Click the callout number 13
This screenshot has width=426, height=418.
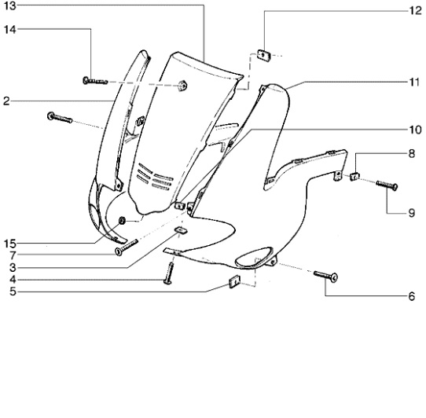pos(10,5)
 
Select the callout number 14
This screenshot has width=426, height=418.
pos(10,29)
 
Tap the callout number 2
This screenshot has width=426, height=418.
pos(6,101)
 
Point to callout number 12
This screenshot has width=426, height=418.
pos(416,10)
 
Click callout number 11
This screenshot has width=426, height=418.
pos(414,82)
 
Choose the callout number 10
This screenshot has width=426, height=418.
pos(416,130)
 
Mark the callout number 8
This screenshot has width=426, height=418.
pos(412,154)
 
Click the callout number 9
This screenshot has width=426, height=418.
pos(412,213)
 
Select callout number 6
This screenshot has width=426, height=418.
pos(412,296)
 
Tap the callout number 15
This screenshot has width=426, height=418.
pos(10,244)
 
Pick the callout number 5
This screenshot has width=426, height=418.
pos(13,291)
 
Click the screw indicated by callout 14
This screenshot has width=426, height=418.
pos(95,81)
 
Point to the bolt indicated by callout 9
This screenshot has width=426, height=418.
pos(387,185)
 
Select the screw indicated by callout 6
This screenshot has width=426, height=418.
pos(325,276)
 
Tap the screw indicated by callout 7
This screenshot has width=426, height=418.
pos(127,247)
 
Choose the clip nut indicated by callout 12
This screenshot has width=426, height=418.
pos(263,55)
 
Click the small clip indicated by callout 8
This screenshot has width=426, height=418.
pos(354,177)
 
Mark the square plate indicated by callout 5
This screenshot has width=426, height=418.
pos(235,281)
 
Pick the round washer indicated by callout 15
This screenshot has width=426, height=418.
pos(122,220)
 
